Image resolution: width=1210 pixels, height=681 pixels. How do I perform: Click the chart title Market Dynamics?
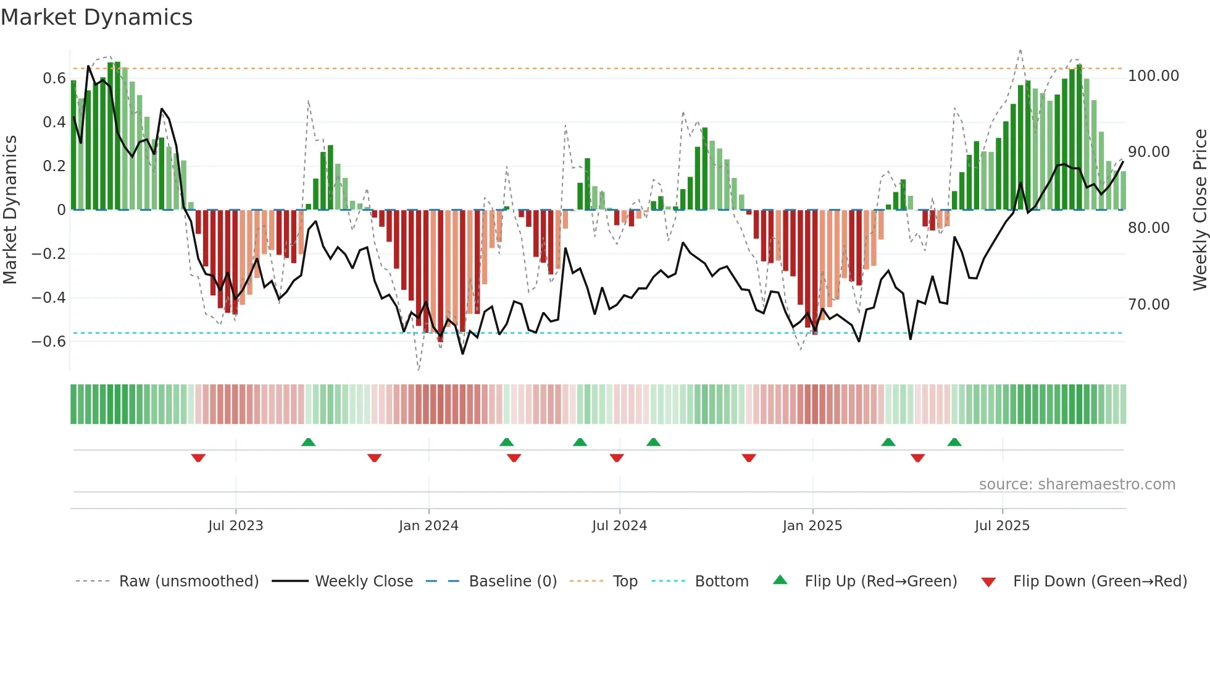pyautogui.click(x=96, y=17)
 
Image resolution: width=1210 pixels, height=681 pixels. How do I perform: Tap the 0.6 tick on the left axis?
pyautogui.click(x=54, y=78)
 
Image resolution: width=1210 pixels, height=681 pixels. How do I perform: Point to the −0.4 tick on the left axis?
pyautogui.click(x=49, y=298)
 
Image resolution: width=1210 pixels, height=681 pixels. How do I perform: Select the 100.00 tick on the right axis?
pyautogui.click(x=1153, y=76)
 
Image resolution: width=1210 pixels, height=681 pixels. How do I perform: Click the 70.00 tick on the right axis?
pyautogui.click(x=1149, y=305)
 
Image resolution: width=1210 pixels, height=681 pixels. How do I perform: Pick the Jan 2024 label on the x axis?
pyautogui.click(x=428, y=526)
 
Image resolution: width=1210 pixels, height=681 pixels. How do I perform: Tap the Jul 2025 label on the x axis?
pyautogui.click(x=1002, y=526)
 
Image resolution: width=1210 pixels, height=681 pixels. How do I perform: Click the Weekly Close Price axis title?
pyautogui.click(x=1200, y=209)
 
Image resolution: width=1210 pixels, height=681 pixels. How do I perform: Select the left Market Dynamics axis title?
pyautogui.click(x=10, y=209)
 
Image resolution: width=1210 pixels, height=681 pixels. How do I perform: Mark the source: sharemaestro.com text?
pyautogui.click(x=1077, y=484)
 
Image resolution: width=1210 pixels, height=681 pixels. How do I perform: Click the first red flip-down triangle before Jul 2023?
pyautogui.click(x=198, y=458)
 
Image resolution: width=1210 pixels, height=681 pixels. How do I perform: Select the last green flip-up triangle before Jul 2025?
pyautogui.click(x=954, y=442)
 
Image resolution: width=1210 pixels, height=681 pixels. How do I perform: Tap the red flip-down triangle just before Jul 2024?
pyautogui.click(x=617, y=458)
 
